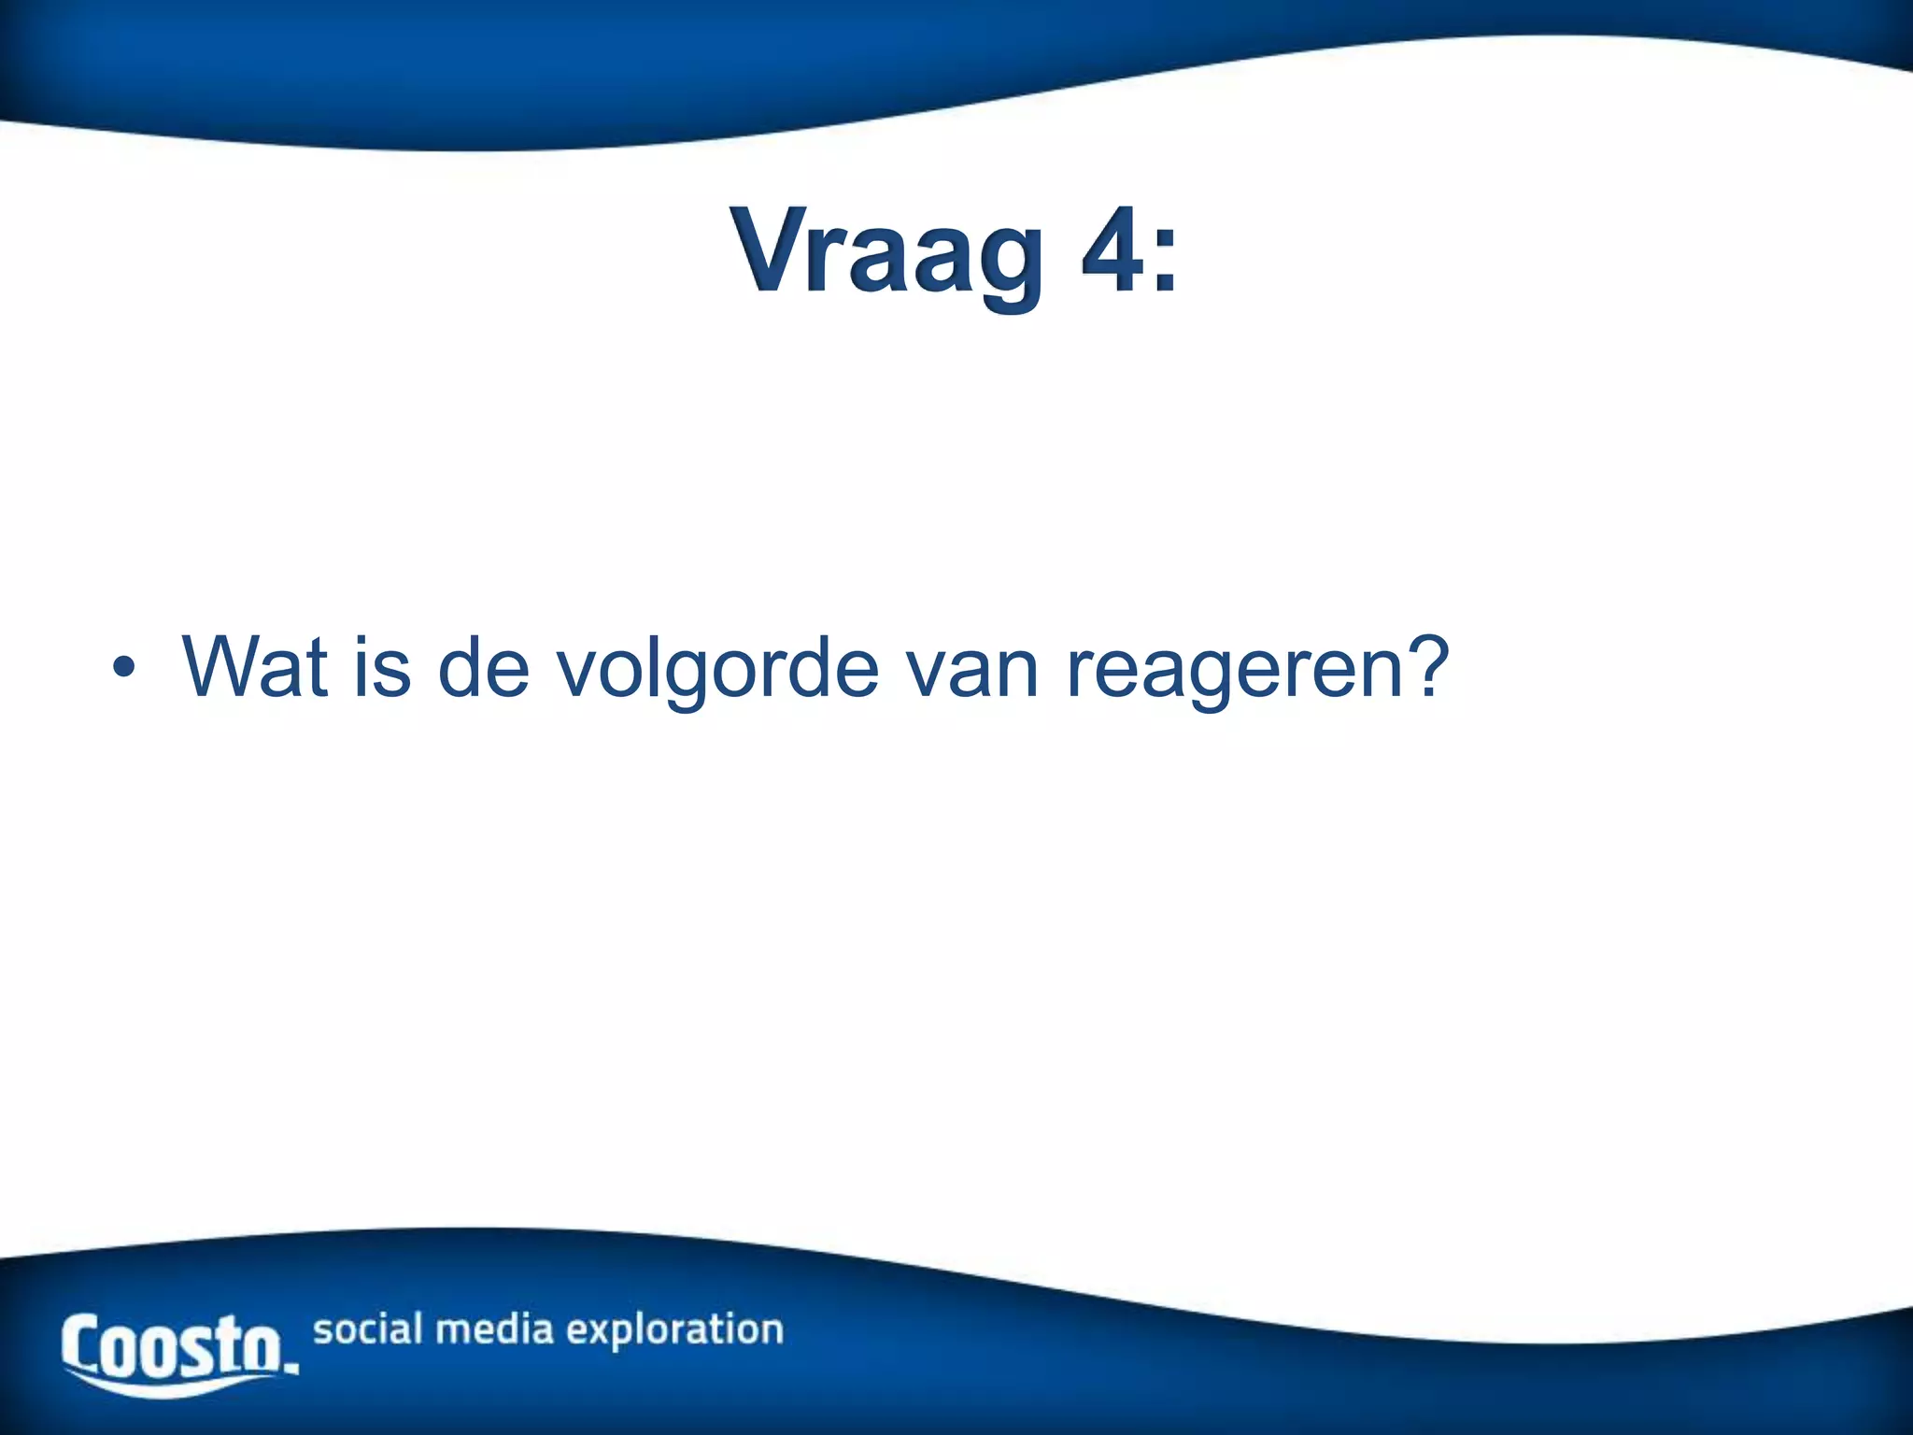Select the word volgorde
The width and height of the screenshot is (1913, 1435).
pyautogui.click(x=717, y=669)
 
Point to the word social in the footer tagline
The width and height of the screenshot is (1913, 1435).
pyautogui.click(x=368, y=1328)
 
